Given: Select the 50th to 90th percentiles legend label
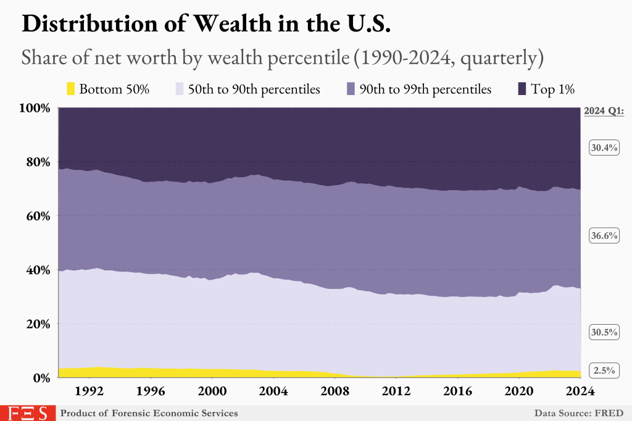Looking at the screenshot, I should point(254,89).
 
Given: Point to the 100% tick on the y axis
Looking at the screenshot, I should point(37,108).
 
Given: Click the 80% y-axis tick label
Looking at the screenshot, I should point(40,162).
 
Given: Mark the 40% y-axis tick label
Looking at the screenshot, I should point(40,270).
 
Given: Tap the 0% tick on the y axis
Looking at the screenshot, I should point(43,378).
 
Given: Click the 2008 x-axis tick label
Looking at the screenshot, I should point(335,391).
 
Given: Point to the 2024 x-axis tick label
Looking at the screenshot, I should point(580,391).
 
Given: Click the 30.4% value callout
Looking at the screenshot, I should point(604,148).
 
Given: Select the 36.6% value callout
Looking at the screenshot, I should point(604,236).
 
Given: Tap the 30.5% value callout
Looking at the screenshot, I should point(604,332).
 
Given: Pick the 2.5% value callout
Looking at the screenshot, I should point(604,370).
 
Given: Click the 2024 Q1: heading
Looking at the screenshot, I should point(604,112).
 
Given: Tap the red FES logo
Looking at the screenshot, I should point(27,412).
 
